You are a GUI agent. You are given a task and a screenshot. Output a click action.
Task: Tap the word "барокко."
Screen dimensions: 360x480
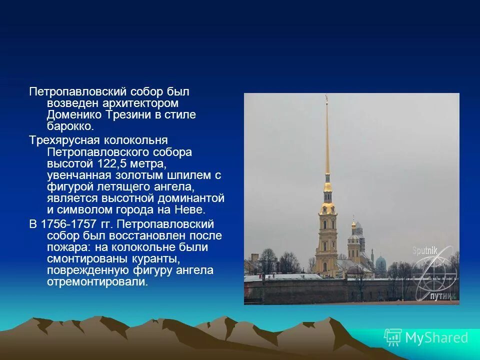click(x=70, y=126)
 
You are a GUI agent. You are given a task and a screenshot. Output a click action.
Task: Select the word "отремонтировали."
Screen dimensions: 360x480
click(x=97, y=282)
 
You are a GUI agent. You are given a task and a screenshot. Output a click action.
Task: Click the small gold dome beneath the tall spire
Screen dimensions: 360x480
click(x=327, y=188)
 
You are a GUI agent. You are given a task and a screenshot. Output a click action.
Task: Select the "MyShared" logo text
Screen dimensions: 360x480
click(x=436, y=337)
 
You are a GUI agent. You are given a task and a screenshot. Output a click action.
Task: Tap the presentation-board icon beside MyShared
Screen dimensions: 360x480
click(x=393, y=337)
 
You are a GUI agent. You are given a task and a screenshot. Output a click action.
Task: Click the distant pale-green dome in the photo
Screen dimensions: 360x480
click(x=381, y=262)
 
